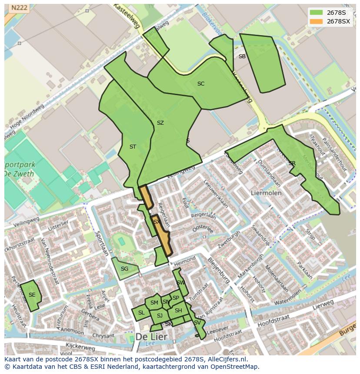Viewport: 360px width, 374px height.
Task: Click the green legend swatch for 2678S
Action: [x=316, y=12]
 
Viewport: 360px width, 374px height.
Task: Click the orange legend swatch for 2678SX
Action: [x=316, y=21]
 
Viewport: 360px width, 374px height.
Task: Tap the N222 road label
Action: [x=19, y=8]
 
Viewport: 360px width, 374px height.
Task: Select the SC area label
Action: [x=200, y=84]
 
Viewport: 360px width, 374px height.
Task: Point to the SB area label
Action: [x=242, y=56]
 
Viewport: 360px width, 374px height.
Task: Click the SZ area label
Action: [x=160, y=123]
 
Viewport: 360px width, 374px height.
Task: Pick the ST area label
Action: [x=133, y=147]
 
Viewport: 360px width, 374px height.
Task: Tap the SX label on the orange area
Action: [x=157, y=222]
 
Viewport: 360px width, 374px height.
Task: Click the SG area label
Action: [x=124, y=269]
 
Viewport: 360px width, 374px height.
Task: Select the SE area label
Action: [x=32, y=295]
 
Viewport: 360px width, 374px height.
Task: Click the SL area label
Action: [x=141, y=313]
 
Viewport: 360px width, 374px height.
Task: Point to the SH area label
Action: [x=178, y=311]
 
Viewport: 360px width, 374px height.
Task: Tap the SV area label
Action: [x=197, y=323]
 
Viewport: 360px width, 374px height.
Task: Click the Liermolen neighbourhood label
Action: [x=266, y=192]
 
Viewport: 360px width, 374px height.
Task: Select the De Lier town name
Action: [x=151, y=337]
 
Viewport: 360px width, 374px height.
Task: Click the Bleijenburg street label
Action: [x=218, y=270]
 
